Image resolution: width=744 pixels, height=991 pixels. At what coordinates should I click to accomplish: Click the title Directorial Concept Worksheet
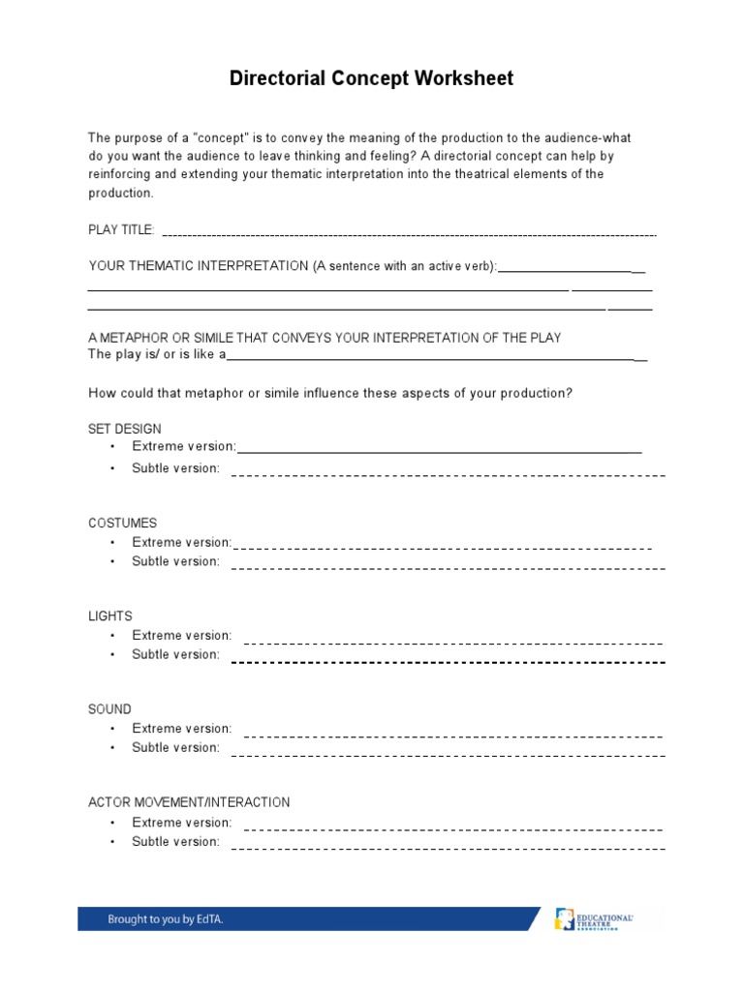(x=371, y=78)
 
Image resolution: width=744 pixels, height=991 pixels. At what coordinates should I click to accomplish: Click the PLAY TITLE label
(x=121, y=229)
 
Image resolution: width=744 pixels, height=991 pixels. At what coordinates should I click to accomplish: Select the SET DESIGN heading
(x=125, y=429)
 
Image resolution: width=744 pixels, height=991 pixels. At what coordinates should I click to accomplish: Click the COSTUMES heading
(x=122, y=523)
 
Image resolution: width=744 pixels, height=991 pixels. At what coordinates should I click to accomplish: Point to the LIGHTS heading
(x=109, y=616)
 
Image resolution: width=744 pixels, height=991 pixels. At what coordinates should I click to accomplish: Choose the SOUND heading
(x=109, y=709)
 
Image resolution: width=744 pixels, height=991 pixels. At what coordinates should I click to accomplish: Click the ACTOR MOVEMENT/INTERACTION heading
(x=189, y=802)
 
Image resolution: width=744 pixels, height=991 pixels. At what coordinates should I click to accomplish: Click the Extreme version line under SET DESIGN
(x=439, y=451)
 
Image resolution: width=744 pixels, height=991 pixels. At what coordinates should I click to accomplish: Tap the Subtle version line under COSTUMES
(x=448, y=568)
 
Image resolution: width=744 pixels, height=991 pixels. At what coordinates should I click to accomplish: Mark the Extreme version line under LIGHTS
(x=452, y=643)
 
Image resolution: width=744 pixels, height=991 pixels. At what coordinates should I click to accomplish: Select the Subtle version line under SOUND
(x=448, y=754)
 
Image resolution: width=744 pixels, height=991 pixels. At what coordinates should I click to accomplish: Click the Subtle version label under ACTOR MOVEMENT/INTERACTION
(x=175, y=842)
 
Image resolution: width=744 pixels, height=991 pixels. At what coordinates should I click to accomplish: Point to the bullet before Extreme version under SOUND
(x=112, y=729)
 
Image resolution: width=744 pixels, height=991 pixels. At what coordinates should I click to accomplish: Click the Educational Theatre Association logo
(x=594, y=919)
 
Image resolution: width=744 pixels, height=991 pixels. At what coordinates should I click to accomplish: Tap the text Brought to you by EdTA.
(x=166, y=919)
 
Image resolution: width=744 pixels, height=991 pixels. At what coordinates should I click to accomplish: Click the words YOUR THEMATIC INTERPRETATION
(x=199, y=266)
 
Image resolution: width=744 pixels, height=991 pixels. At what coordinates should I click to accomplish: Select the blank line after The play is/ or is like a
(x=436, y=359)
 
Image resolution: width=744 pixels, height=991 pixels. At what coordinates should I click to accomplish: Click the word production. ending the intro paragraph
(x=121, y=193)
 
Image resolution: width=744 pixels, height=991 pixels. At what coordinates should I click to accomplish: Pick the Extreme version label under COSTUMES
(x=181, y=542)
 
